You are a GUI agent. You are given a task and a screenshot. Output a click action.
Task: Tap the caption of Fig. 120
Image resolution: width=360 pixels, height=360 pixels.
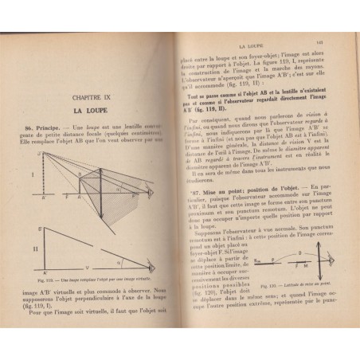(x=284, y=283)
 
